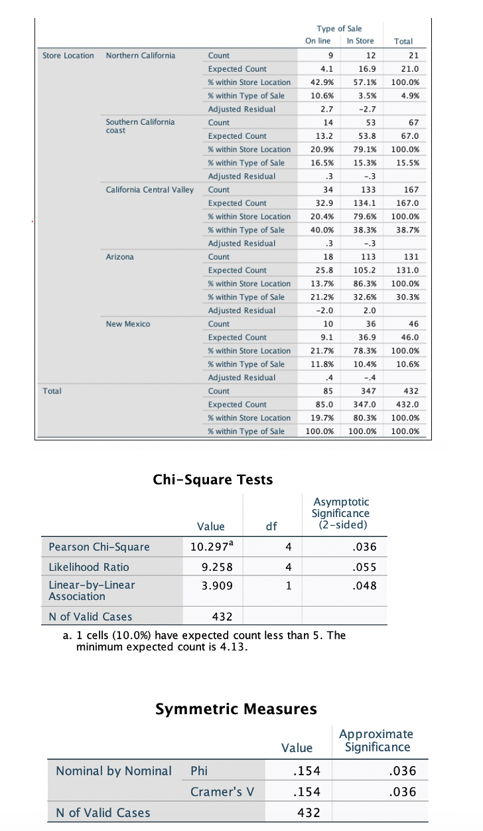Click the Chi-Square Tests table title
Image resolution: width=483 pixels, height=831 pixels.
click(x=212, y=479)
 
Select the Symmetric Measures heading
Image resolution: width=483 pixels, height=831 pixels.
click(x=236, y=709)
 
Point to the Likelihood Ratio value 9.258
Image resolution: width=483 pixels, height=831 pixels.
click(x=212, y=567)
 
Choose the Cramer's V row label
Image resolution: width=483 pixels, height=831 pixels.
click(x=218, y=792)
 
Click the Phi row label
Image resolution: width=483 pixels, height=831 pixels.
click(x=198, y=771)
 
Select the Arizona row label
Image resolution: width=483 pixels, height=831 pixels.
click(x=119, y=257)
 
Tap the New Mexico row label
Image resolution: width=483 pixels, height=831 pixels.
click(x=128, y=324)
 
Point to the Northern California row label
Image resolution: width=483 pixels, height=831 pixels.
click(x=141, y=55)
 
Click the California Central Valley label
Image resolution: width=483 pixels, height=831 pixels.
click(x=150, y=190)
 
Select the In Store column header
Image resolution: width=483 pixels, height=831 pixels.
click(x=360, y=41)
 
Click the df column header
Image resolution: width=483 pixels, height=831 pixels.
click(x=271, y=526)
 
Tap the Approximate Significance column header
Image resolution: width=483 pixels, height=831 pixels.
click(x=376, y=740)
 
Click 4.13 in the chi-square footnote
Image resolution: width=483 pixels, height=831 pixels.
click(x=233, y=647)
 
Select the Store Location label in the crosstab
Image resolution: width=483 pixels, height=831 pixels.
click(x=68, y=55)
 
